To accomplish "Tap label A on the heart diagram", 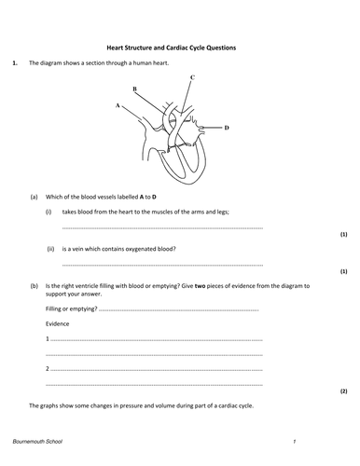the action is click(x=118, y=106).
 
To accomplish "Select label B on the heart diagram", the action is click(x=135, y=89).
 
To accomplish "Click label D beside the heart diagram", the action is click(x=227, y=127).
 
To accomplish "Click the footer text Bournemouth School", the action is click(x=38, y=440).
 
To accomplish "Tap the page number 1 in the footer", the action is click(x=293, y=440).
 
